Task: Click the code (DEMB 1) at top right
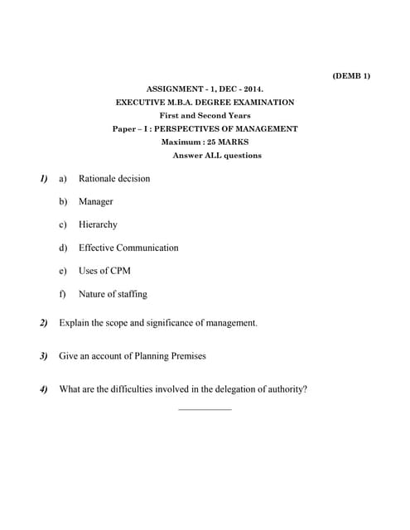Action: [x=351, y=75]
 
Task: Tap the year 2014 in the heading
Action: [x=252, y=89]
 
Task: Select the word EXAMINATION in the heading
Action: [x=264, y=102]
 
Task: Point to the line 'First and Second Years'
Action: [x=205, y=115]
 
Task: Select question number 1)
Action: [x=43, y=178]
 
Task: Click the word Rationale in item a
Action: [x=98, y=178]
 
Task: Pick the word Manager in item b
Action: [x=96, y=201]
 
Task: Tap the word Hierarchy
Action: [x=98, y=224]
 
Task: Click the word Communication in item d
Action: [x=147, y=248]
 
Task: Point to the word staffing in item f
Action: [x=128, y=294]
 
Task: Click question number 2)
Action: [x=43, y=322]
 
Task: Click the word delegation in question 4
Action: [x=210, y=388]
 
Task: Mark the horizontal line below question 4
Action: [x=205, y=409]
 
